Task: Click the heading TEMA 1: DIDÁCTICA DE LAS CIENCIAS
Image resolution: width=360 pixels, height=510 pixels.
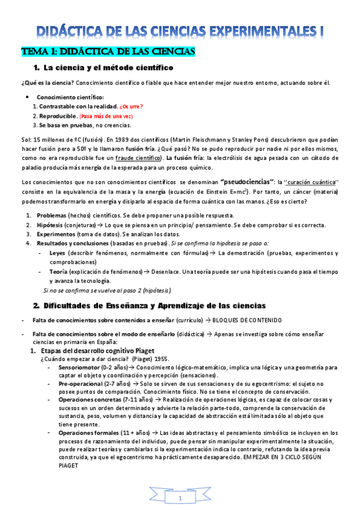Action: coord(108,52)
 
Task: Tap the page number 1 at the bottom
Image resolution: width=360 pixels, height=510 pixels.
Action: coord(180,499)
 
